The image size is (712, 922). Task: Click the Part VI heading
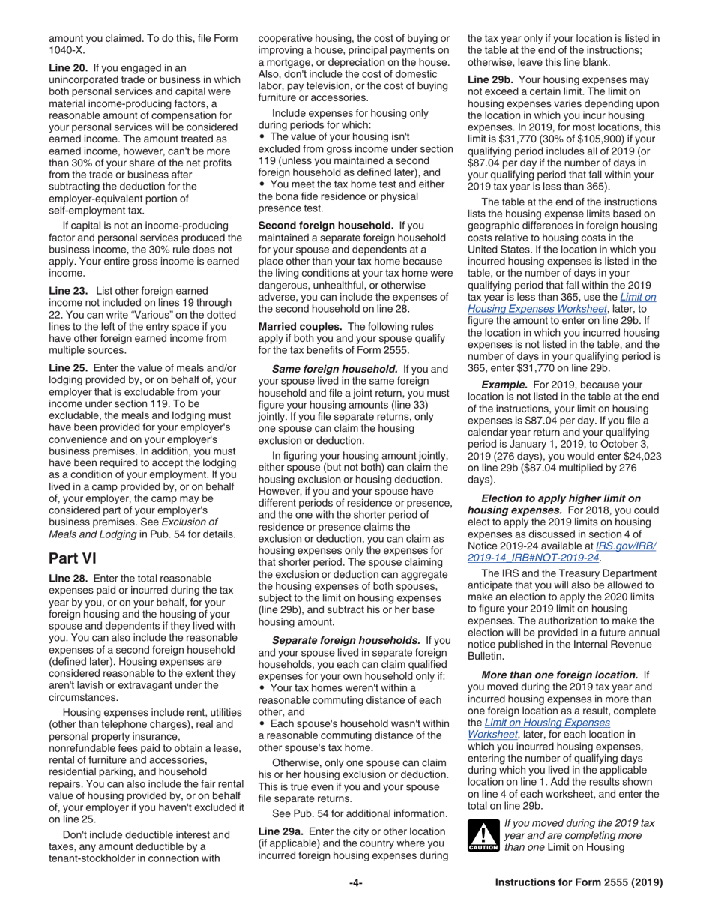point(72,559)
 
